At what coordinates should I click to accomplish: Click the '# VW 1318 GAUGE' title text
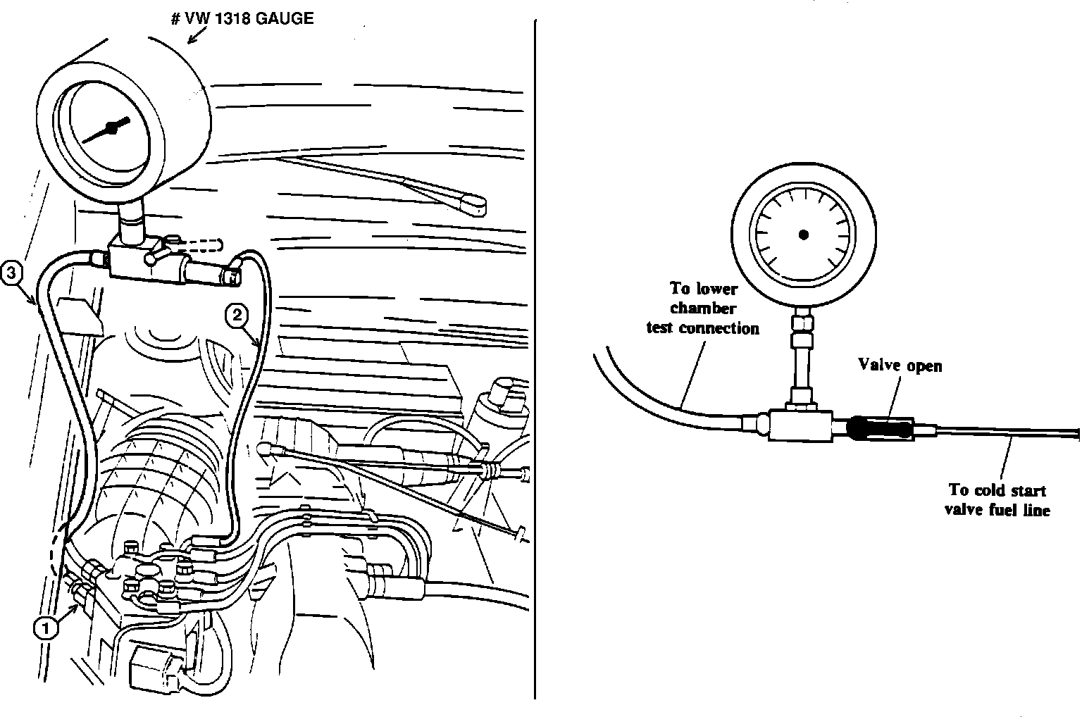tap(242, 18)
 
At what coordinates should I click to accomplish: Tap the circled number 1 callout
tap(46, 628)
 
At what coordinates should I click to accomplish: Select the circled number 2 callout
tap(236, 316)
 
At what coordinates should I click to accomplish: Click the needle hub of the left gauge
tap(110, 127)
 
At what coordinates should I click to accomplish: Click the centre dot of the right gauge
tap(804, 235)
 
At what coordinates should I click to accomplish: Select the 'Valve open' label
tap(900, 365)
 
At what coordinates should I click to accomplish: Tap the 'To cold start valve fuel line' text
tap(996, 499)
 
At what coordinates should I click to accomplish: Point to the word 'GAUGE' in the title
tap(285, 18)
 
